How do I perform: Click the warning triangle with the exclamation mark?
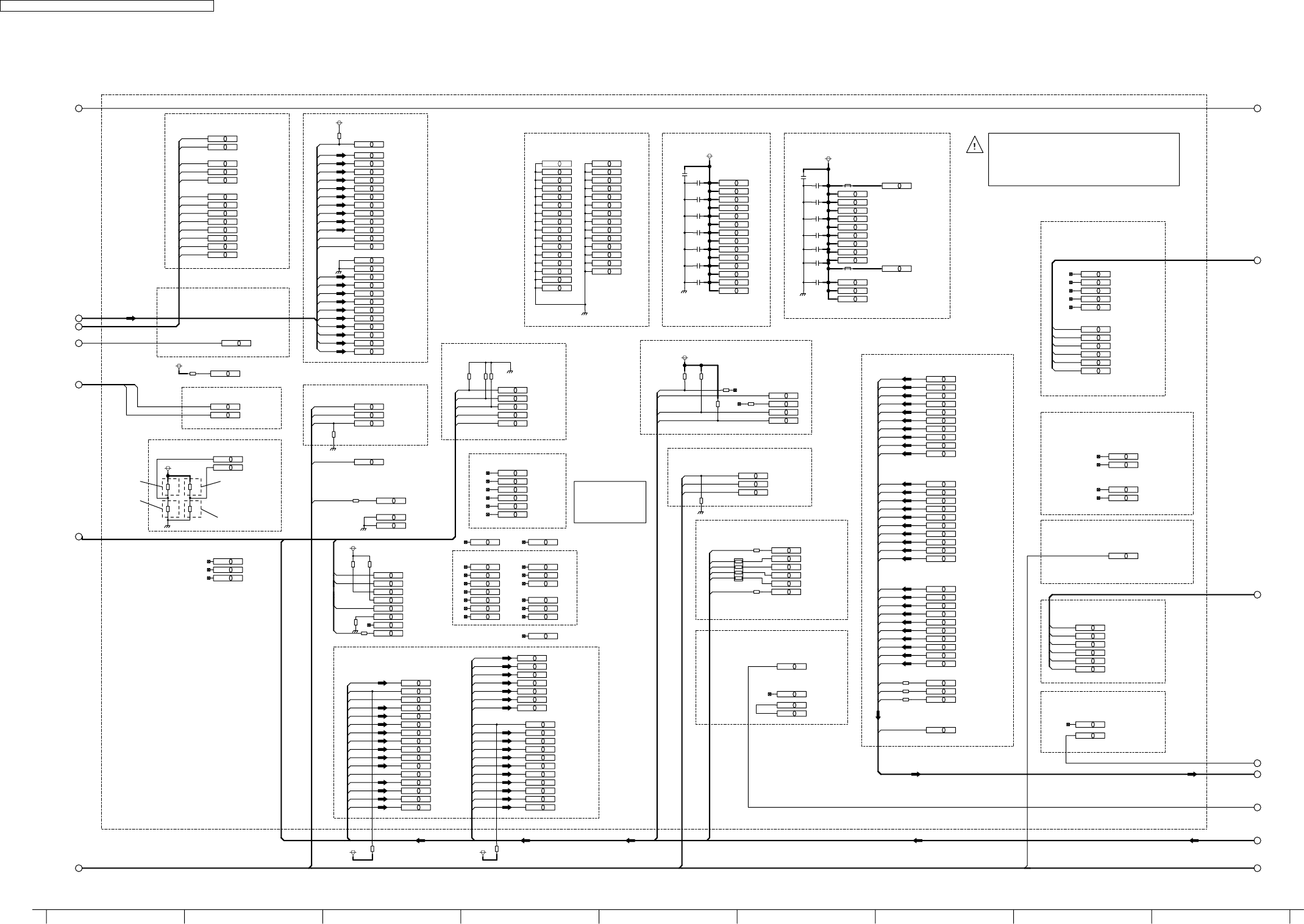(x=974, y=145)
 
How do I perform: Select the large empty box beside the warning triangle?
(x=1083, y=159)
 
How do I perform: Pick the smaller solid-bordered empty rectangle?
(x=610, y=502)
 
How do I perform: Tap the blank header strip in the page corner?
(x=107, y=5)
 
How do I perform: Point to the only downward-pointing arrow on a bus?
(x=878, y=716)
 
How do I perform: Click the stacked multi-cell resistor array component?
(x=738, y=569)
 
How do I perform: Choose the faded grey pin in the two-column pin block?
(x=557, y=164)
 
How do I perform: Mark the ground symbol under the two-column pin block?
(x=585, y=313)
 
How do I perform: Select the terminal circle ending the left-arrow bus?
(x=1257, y=840)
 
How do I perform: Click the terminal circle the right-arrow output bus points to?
(x=1257, y=774)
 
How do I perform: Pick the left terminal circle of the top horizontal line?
(x=79, y=108)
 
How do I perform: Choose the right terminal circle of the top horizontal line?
(x=1257, y=108)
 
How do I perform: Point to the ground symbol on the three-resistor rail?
(x=510, y=370)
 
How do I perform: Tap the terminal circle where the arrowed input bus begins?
(x=79, y=318)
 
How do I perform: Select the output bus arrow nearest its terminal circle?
(x=1192, y=774)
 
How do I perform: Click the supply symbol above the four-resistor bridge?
(x=168, y=467)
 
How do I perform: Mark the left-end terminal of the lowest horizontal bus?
(x=79, y=868)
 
